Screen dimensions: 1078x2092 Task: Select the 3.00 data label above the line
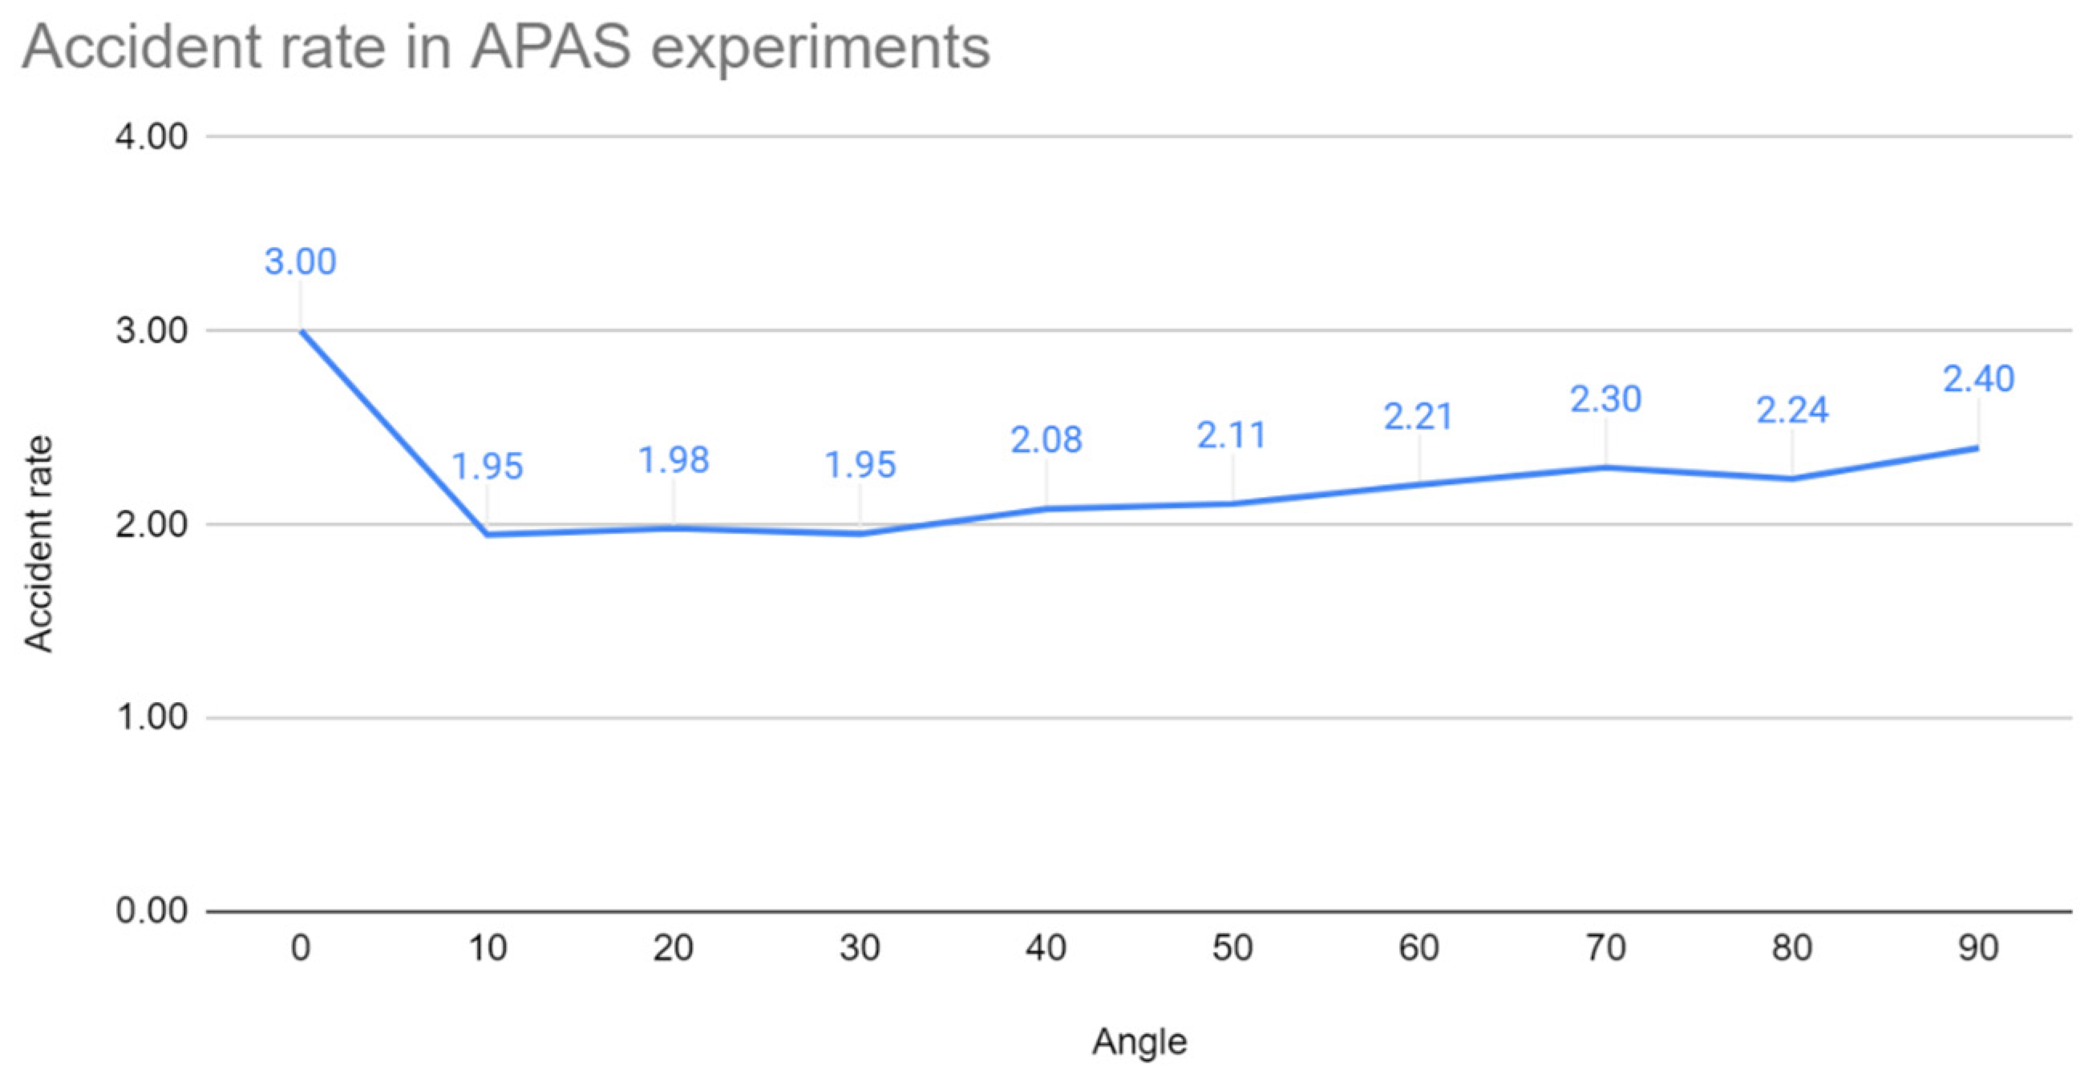tap(300, 262)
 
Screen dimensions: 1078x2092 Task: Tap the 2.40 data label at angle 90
tap(1978, 379)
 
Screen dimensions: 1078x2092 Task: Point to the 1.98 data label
tap(674, 460)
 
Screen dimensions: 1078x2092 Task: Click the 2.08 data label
tap(1046, 440)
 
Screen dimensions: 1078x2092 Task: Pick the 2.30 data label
tap(1605, 399)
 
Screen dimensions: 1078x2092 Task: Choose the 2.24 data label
tap(1792, 410)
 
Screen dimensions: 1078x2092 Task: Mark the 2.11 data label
tap(1232, 436)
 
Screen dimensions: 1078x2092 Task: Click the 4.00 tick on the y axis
tap(152, 136)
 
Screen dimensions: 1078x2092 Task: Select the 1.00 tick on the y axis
tap(152, 717)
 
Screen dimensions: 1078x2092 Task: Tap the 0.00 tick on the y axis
tap(152, 910)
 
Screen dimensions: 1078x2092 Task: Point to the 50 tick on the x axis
tap(1232, 948)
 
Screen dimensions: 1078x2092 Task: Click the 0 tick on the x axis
tap(301, 948)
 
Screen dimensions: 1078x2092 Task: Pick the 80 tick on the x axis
tap(1792, 948)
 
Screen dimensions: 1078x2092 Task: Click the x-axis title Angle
tap(1139, 1041)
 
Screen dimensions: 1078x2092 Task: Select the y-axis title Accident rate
tap(38, 544)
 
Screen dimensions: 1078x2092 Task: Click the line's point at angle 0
tap(301, 330)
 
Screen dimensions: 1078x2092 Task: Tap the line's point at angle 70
tap(1605, 466)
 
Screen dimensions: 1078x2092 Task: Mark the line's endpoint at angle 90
tap(1977, 447)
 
